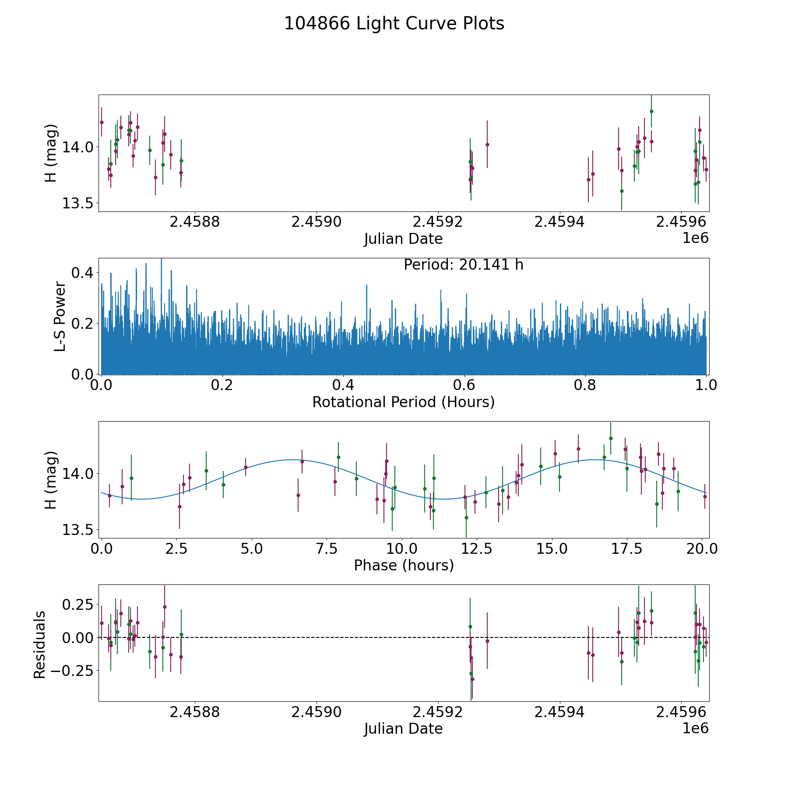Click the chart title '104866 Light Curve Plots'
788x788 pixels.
click(394, 24)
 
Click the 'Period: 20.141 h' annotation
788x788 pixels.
click(463, 265)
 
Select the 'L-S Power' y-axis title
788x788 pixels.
click(60, 317)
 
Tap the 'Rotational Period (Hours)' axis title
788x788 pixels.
click(403, 402)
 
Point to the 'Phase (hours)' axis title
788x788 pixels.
click(403, 565)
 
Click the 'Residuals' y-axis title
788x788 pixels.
click(39, 644)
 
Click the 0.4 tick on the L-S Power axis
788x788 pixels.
click(82, 273)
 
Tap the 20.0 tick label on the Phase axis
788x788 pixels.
click(702, 549)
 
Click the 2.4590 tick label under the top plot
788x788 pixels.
click(317, 222)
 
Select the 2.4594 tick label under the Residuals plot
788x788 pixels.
click(559, 712)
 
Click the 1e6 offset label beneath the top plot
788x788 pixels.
click(695, 238)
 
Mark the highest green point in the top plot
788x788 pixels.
click(651, 111)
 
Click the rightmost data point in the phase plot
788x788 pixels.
click(705, 496)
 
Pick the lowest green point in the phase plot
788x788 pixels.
click(466, 517)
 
